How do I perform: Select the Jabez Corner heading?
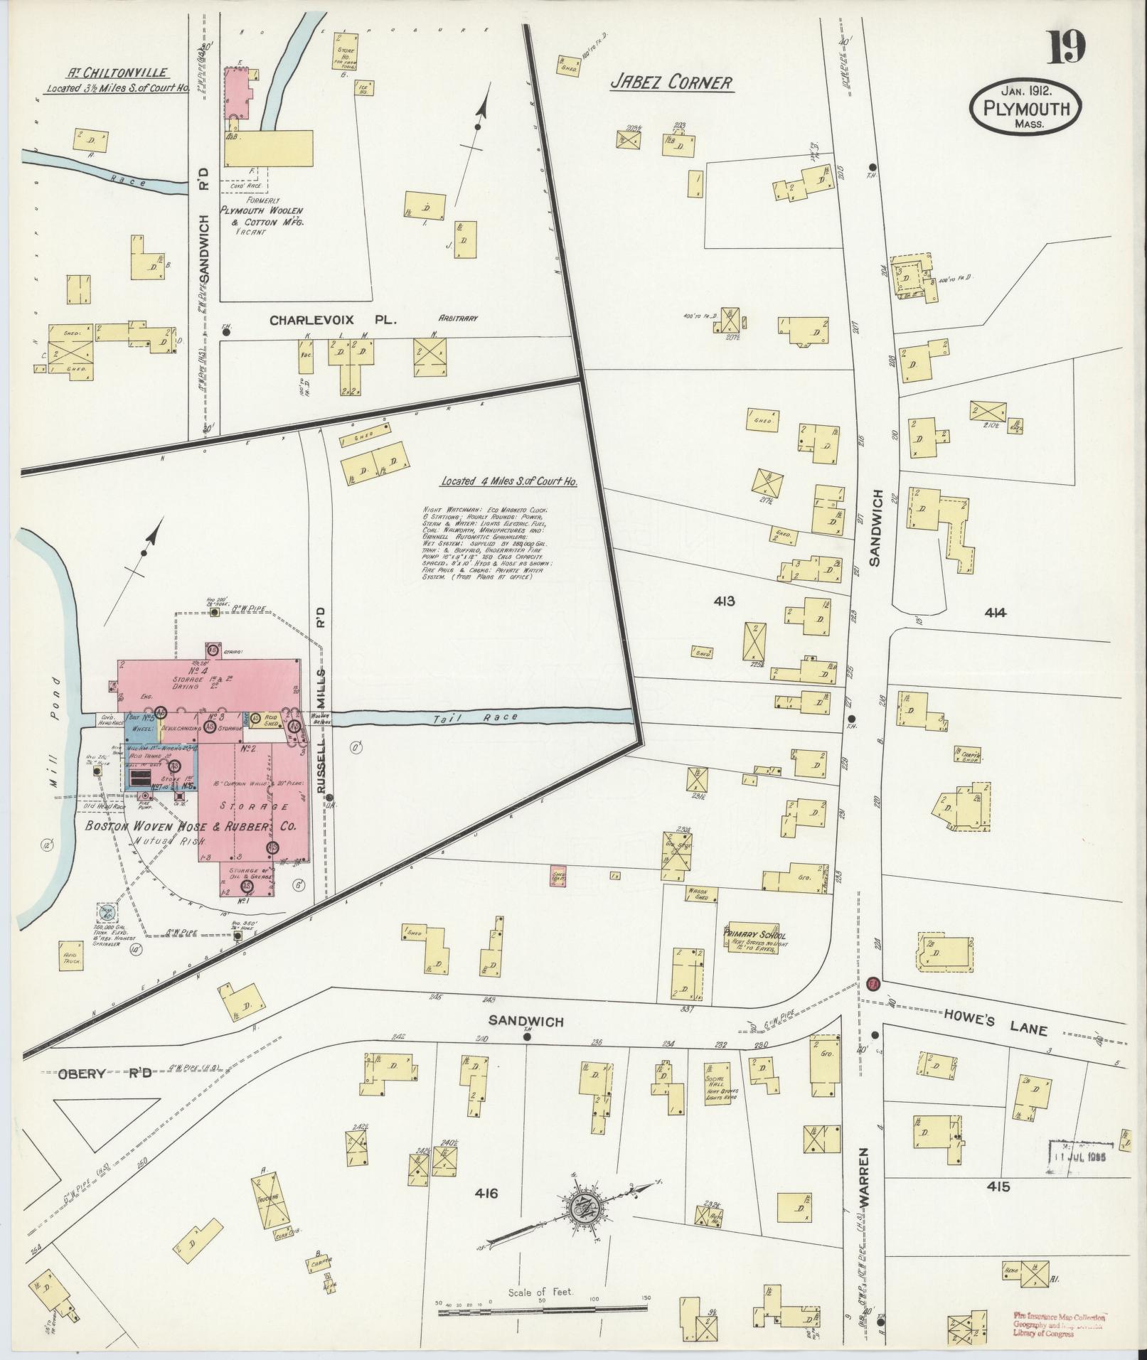671,82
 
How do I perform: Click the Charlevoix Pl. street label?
333,321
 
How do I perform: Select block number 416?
482,1193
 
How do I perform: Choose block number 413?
724,601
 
